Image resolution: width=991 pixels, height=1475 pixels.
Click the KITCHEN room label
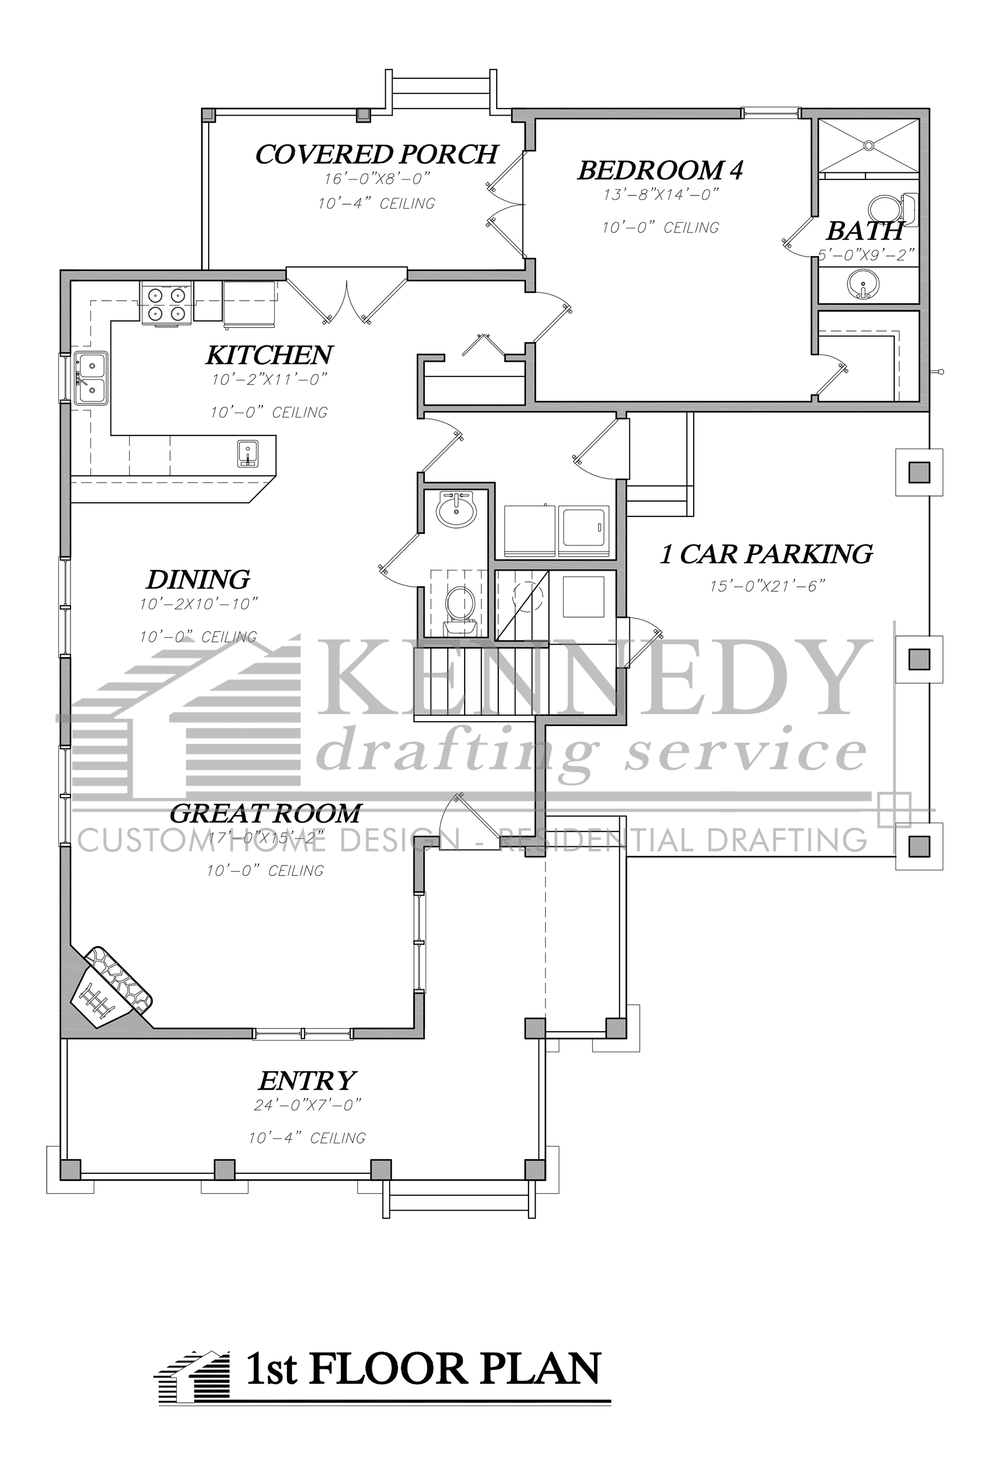pyautogui.click(x=269, y=356)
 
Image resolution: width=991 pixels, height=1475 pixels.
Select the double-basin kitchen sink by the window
pyautogui.click(x=91, y=377)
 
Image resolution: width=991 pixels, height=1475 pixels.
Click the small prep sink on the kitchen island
pyautogui.click(x=247, y=453)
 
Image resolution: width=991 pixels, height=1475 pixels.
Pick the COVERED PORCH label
pyautogui.click(x=377, y=154)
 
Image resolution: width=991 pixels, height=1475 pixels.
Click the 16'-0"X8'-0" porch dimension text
pyautogui.click(x=377, y=179)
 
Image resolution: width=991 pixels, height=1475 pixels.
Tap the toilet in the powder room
pyautogui.click(x=460, y=606)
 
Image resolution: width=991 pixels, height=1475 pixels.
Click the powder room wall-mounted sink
pyautogui.click(x=456, y=509)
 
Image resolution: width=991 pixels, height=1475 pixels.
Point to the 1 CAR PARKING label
pyautogui.click(x=766, y=554)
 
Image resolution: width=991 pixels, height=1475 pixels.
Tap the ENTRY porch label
pyautogui.click(x=307, y=1081)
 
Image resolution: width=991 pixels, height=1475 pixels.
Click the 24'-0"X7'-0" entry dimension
pyautogui.click(x=307, y=1106)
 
